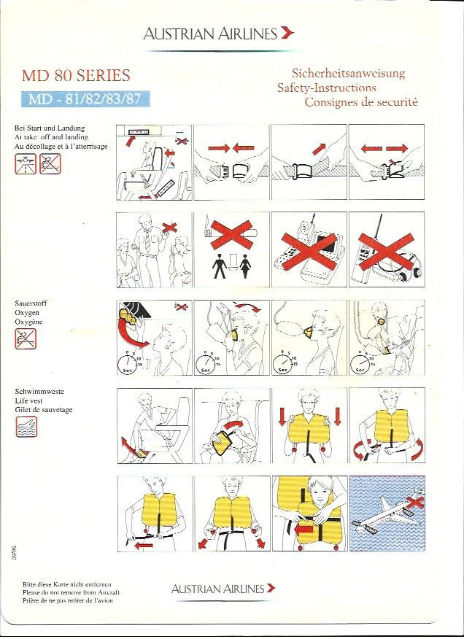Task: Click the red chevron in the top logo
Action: point(287,33)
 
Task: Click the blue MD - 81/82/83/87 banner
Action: point(85,99)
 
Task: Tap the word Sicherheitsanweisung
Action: point(348,74)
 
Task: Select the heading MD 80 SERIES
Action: point(76,75)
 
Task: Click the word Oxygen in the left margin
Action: point(27,313)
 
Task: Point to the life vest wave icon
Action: point(26,427)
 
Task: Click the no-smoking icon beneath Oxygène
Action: point(26,338)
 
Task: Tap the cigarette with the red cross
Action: point(231,233)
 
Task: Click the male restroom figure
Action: point(220,266)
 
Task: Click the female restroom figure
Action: point(245,266)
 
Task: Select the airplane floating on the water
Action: point(387,512)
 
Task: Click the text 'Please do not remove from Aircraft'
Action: point(71,592)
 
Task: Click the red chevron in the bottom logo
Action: point(271,588)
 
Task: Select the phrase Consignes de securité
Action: point(361,102)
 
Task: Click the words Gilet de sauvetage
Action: point(44,409)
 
